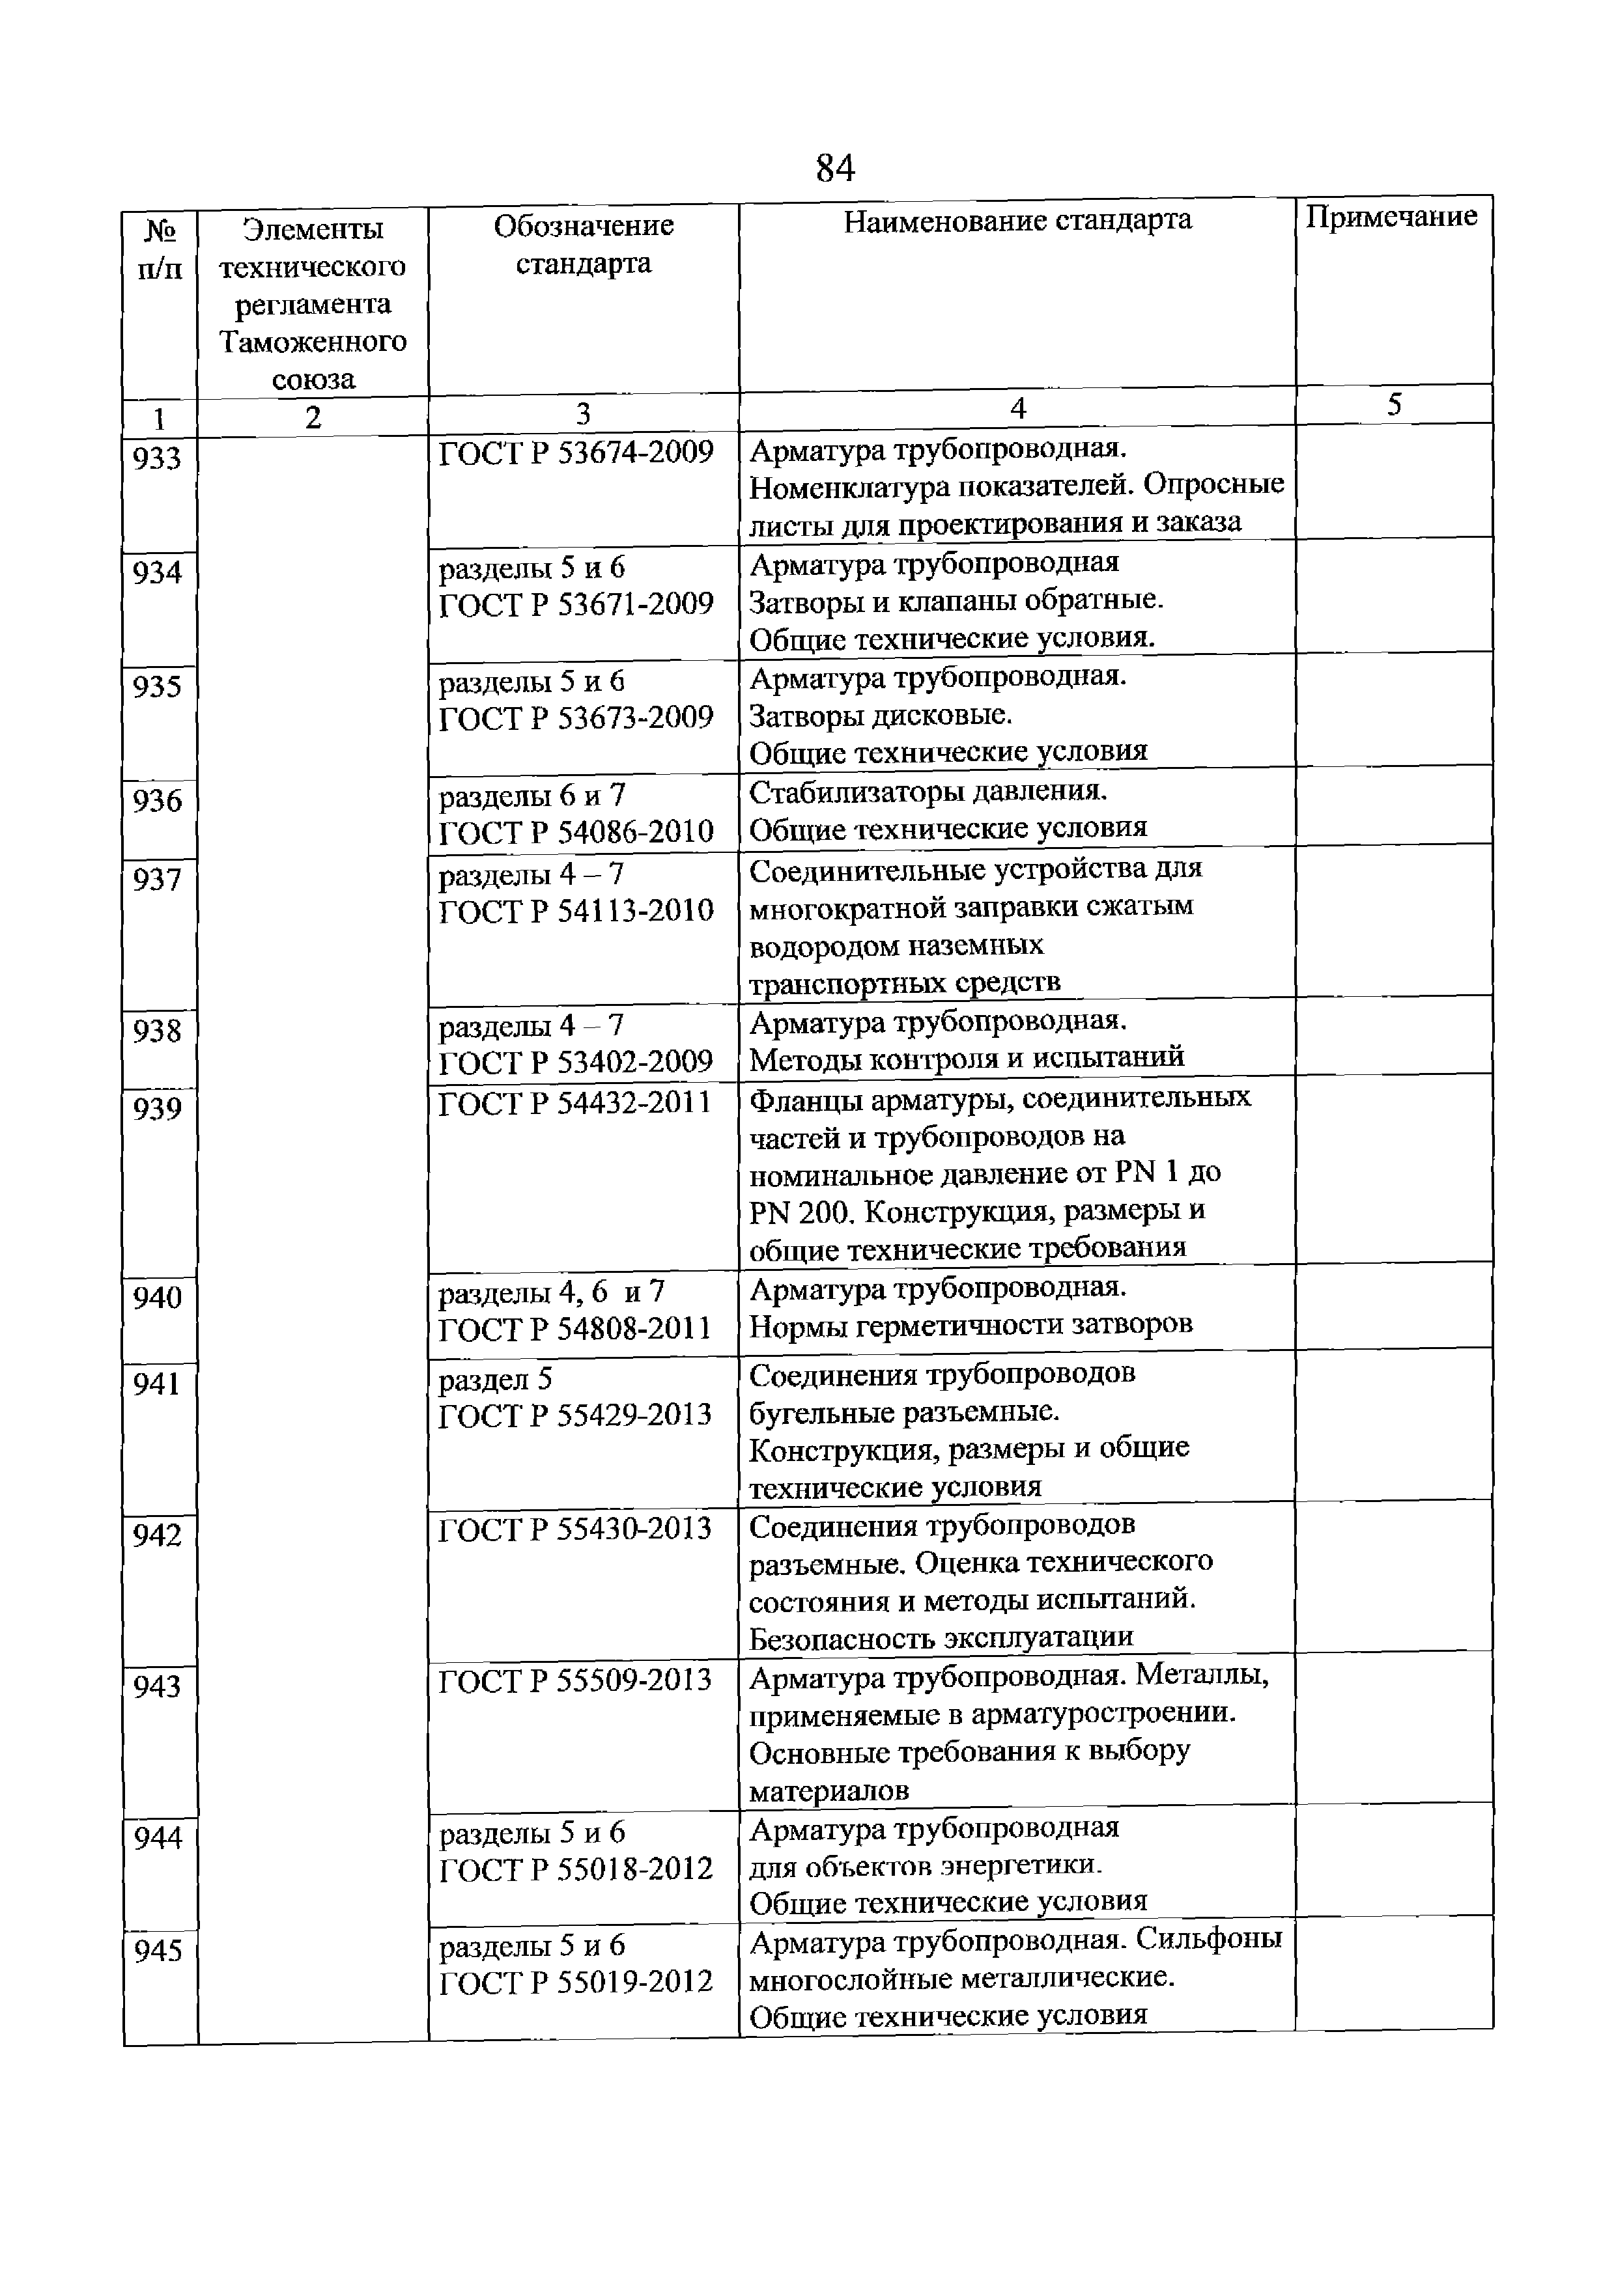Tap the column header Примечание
tap(1391, 217)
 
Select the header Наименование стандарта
tap(1017, 220)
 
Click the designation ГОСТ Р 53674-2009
tap(576, 453)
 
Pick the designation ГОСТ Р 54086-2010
tap(576, 831)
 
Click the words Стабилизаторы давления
tap(928, 792)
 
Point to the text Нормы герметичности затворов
tap(971, 1325)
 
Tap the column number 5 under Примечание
tap(1394, 405)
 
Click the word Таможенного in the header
tap(313, 342)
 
